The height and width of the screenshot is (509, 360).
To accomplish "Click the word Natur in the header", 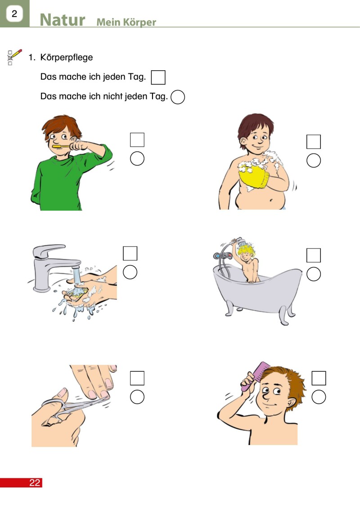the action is tap(63, 20).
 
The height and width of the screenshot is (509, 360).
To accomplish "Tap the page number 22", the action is tap(35, 482).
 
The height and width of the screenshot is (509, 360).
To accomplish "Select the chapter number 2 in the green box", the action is tap(14, 14).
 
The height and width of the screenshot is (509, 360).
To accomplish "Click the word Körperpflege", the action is tap(67, 58).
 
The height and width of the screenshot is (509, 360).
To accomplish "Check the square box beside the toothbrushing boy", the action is tap(137, 140).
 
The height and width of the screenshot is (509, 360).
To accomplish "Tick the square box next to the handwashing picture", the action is tap(130, 253).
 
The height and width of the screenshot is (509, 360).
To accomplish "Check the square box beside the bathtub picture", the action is tap(314, 255).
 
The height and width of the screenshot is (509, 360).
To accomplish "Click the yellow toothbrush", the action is tap(61, 146).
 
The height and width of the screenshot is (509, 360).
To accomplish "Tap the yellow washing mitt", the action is tap(254, 176).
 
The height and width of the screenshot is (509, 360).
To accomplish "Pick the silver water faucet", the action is tap(54, 266).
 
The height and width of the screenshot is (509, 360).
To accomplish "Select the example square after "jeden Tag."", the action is tap(158, 77).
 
